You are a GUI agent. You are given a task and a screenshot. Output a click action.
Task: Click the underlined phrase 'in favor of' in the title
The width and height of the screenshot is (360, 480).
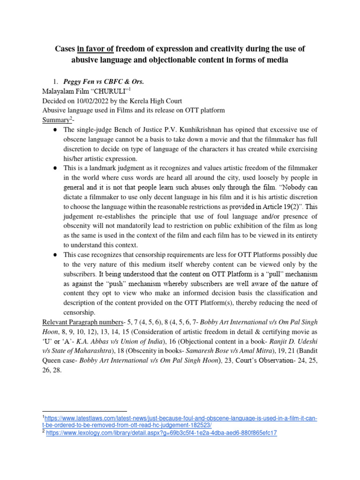click(98, 49)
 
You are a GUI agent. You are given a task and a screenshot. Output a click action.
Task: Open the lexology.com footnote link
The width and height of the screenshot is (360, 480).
click(161, 433)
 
